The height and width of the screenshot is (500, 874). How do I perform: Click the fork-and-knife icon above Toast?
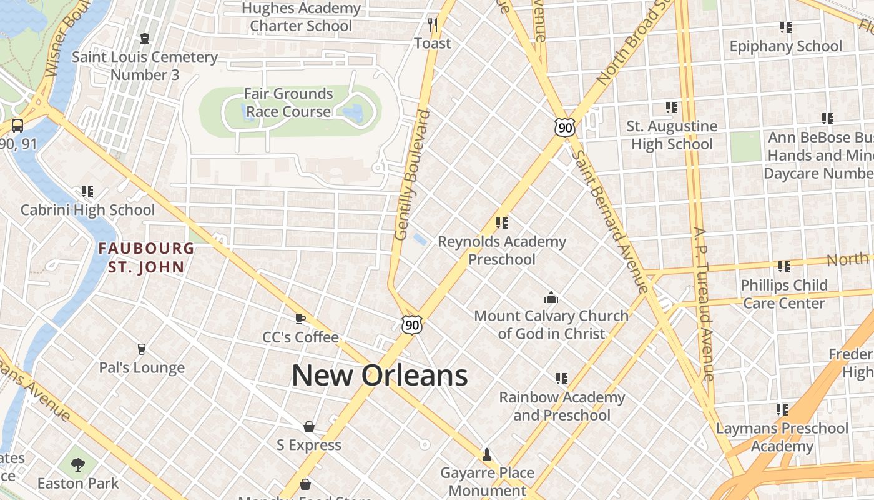[x=432, y=24]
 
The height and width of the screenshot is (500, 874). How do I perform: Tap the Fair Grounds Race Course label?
[x=288, y=102]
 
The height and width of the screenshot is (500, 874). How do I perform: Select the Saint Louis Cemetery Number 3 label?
[x=145, y=66]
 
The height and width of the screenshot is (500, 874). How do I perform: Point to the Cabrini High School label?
[x=87, y=209]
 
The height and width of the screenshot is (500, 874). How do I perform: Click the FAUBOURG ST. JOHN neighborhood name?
[x=146, y=257]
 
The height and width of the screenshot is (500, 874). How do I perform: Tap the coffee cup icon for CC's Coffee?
[x=300, y=319]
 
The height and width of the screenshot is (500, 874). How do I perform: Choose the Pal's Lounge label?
[x=142, y=367]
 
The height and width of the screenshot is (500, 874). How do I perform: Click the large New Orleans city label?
[x=380, y=376]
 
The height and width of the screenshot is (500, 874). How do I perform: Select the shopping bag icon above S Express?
[x=308, y=427]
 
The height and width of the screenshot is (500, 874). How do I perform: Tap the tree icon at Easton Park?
[x=78, y=464]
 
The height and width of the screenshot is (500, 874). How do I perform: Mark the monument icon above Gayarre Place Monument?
[x=487, y=454]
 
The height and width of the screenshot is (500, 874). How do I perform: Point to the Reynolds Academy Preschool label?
[x=502, y=250]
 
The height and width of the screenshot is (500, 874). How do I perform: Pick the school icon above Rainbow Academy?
[x=561, y=379]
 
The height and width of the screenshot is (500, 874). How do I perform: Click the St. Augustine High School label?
[x=672, y=135]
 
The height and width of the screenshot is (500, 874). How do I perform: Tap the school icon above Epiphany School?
[x=785, y=27]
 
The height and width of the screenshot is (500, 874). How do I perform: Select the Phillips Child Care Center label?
[x=784, y=294]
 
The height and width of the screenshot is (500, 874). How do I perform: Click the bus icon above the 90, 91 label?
[x=17, y=125]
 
